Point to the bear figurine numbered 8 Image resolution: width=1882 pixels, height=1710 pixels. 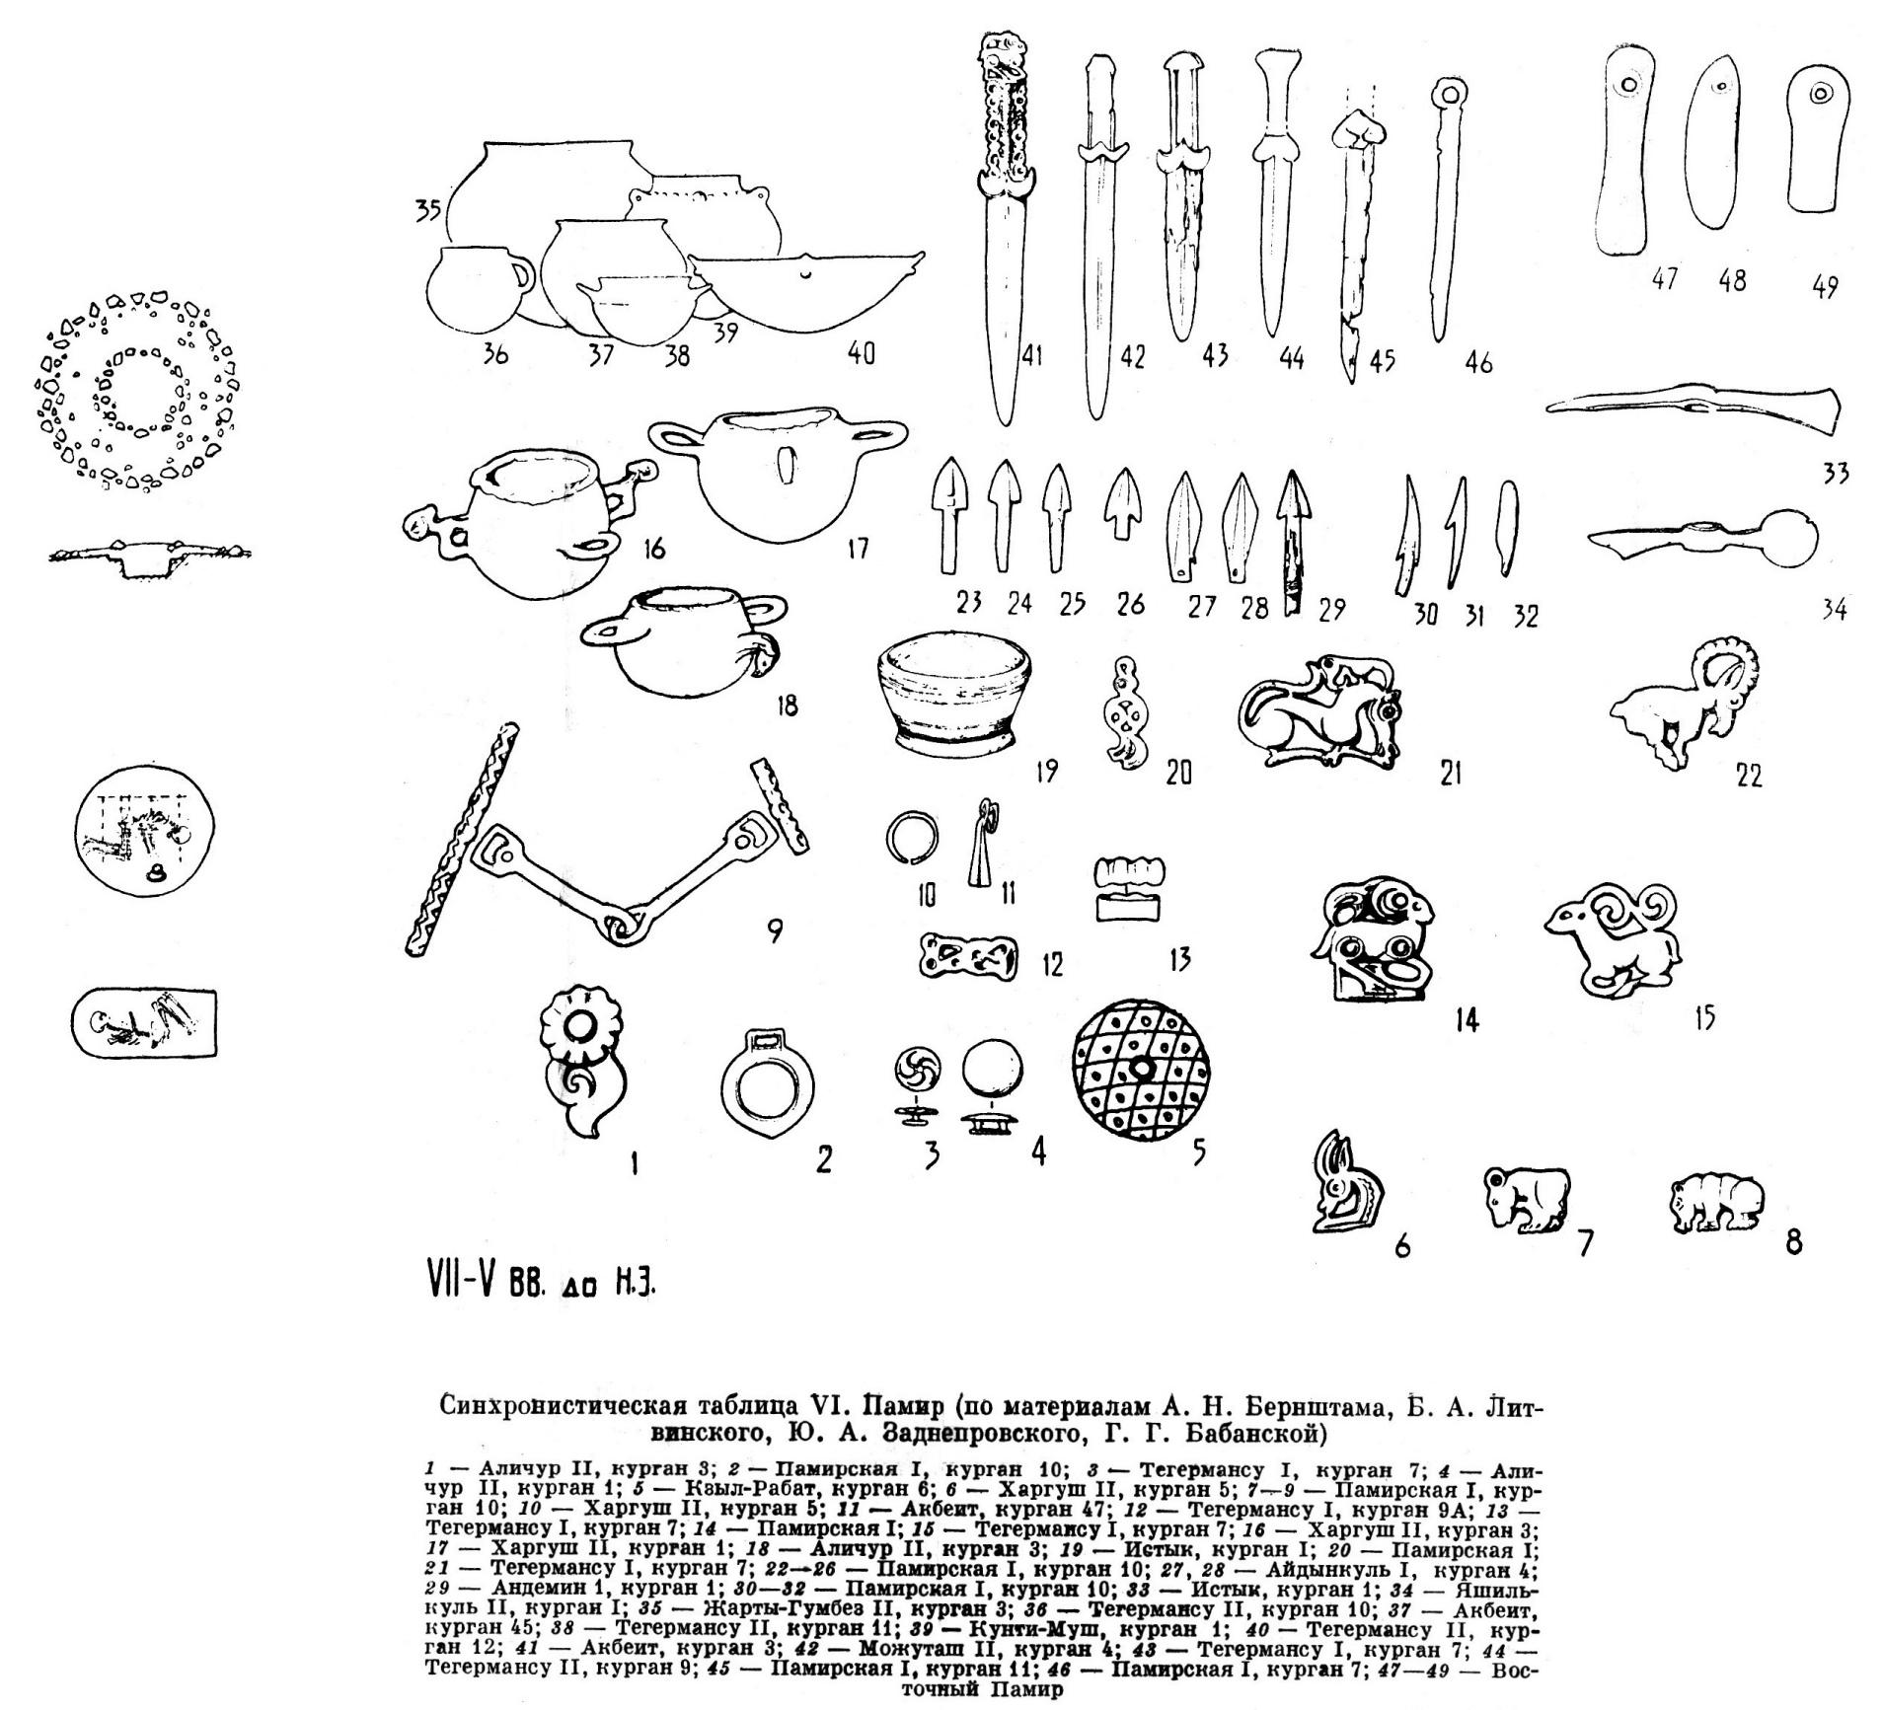click(x=1715, y=1203)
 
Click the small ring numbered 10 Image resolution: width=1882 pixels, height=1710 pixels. click(x=907, y=838)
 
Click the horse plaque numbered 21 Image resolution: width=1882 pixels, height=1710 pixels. click(x=1318, y=713)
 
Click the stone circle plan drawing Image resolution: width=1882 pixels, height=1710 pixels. click(x=138, y=390)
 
